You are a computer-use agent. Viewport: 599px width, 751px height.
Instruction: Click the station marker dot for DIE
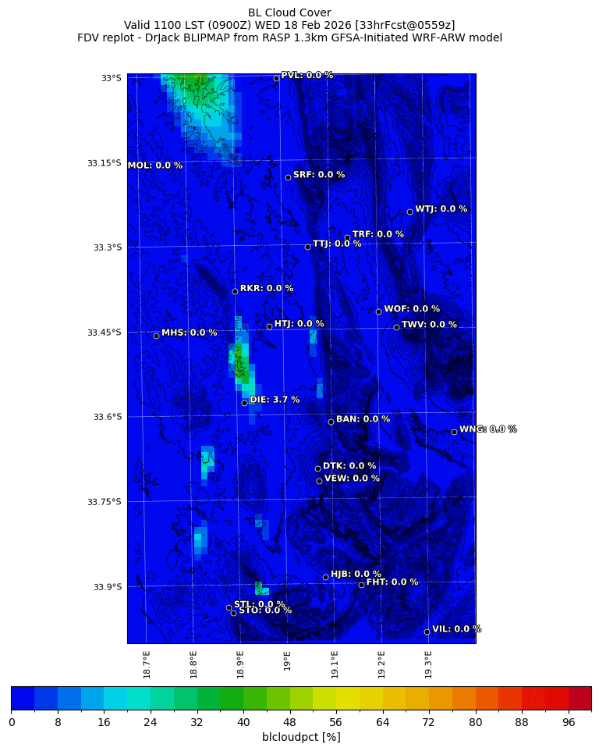(244, 403)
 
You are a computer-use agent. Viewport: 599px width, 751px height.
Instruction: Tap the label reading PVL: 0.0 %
(307, 75)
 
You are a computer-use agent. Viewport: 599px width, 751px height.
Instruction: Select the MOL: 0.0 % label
(154, 166)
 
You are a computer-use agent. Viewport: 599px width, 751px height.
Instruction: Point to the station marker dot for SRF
(288, 177)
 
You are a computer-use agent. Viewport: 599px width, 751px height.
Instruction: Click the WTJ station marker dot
(409, 212)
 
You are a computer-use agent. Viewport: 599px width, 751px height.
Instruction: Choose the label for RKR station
(267, 288)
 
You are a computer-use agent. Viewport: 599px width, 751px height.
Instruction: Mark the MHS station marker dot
(156, 336)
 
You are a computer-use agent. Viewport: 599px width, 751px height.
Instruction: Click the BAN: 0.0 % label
(363, 419)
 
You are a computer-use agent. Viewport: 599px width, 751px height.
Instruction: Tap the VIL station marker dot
(427, 632)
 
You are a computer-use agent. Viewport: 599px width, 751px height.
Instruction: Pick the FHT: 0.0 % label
(392, 582)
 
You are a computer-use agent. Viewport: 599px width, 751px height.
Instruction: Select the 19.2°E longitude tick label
(381, 664)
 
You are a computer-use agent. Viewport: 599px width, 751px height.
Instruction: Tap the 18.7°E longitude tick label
(147, 664)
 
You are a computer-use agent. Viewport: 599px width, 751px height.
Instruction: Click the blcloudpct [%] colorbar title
(301, 737)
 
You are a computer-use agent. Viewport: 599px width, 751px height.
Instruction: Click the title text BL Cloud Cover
(289, 12)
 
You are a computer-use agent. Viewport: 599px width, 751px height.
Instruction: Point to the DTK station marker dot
(317, 468)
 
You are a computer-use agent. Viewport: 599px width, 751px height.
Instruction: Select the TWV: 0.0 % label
(429, 325)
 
